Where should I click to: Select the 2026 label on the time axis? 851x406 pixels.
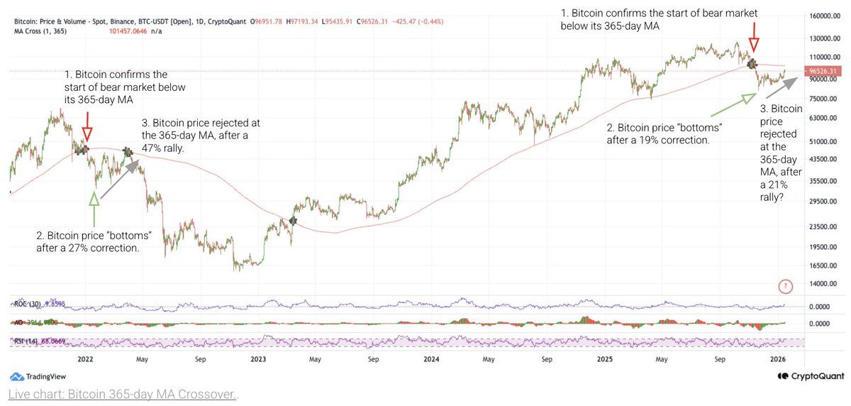779,360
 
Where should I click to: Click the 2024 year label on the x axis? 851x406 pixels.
430,360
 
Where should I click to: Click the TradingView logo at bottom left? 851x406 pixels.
40,376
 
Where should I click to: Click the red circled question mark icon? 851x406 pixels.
785,287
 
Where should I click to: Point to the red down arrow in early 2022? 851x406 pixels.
87,133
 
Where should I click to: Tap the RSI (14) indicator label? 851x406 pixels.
30,341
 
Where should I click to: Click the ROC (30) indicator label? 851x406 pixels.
30,304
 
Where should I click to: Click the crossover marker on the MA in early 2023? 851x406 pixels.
292,221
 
